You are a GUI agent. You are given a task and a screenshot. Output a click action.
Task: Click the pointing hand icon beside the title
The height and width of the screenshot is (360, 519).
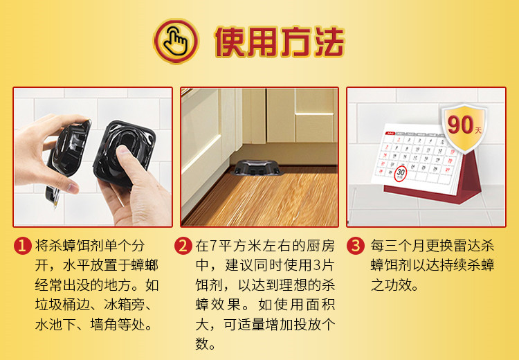tap(176, 42)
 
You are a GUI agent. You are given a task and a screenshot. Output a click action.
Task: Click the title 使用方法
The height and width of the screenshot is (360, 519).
tap(280, 42)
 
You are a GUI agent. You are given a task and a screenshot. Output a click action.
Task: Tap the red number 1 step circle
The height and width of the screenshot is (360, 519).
tap(22, 246)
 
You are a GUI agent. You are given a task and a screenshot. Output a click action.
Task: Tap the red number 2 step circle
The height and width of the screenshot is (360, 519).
tap(183, 246)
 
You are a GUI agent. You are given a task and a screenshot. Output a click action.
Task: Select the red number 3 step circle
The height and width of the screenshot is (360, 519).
tap(355, 246)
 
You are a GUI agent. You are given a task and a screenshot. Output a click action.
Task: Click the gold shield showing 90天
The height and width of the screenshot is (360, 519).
tap(464, 127)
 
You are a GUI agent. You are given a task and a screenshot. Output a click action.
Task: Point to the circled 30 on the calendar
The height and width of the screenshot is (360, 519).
tap(401, 173)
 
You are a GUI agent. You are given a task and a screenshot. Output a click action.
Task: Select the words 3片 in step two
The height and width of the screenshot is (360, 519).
tap(324, 265)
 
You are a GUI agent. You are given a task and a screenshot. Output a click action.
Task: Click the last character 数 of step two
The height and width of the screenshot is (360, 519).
tap(201, 343)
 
